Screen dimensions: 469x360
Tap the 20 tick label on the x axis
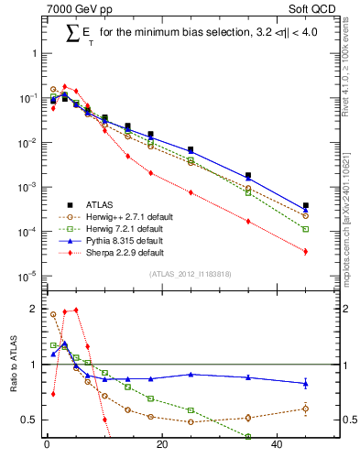161,446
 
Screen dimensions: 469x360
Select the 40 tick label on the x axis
277,446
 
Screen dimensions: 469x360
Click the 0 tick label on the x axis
47,446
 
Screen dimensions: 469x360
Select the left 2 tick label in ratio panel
34,309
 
